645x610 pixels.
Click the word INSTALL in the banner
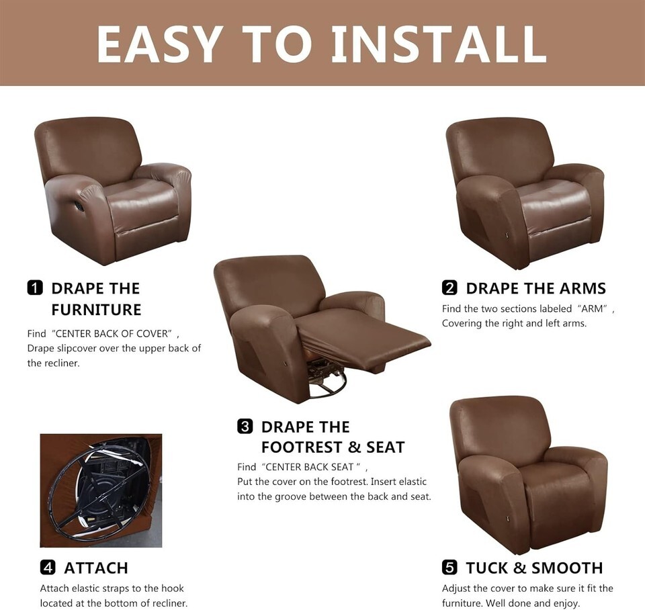439,44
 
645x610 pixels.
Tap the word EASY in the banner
157,44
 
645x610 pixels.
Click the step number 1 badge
35,288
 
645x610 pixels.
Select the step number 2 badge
449,288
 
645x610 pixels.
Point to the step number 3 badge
245,426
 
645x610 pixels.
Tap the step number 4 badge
48,568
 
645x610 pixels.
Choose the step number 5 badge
449,568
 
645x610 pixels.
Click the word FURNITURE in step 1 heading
96,310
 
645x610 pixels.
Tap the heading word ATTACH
96,568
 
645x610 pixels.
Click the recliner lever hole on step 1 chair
80,206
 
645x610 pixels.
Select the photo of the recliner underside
101,490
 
